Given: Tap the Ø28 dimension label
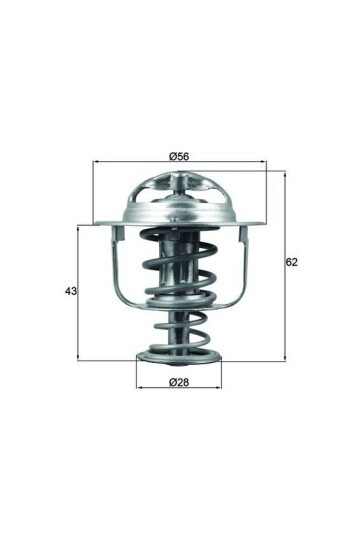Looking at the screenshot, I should tap(179, 384).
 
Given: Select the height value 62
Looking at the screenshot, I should tap(292, 262).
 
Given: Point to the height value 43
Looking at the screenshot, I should tap(70, 291).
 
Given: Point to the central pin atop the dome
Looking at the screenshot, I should tap(180, 178).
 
